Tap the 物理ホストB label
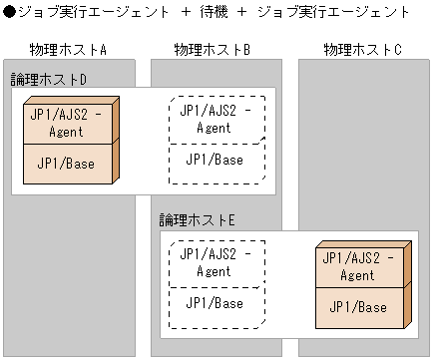coord(212,49)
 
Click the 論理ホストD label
coord(48,78)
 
